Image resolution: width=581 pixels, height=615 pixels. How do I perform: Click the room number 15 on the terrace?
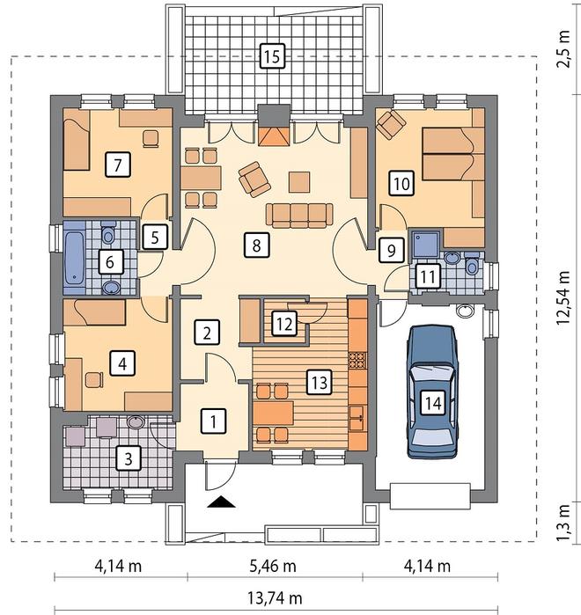272,55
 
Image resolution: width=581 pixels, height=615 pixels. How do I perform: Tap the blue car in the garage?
432,392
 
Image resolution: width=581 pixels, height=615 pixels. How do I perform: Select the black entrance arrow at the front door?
221,502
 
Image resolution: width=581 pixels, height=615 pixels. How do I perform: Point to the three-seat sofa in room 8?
299,216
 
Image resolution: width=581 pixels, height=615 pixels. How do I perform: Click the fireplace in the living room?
274,135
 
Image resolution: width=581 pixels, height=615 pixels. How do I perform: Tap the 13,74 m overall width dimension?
275,598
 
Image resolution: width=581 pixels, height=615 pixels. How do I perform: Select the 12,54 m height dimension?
563,297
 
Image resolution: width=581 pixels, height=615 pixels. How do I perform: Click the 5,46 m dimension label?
273,566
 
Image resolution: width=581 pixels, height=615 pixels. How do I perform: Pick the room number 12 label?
284,324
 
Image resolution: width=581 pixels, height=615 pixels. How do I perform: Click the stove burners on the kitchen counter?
357,360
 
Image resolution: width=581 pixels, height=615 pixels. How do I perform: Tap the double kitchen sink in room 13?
357,418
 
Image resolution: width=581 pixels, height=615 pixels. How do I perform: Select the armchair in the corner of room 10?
390,124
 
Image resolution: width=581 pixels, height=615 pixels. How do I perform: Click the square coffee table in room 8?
299,182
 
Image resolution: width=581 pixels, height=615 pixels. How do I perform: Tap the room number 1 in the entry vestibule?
213,421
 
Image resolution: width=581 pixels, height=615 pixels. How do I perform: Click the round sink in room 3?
136,422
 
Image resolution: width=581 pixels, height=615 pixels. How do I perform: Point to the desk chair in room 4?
94,380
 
